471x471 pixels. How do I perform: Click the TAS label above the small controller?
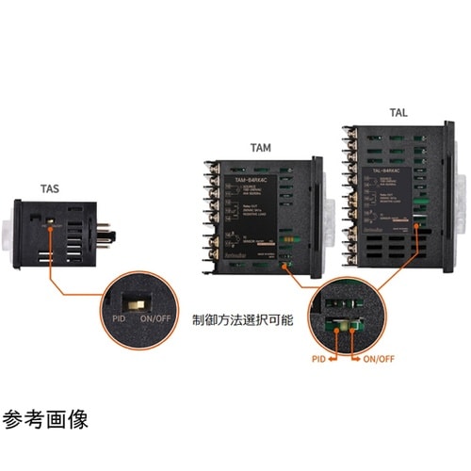point(48,189)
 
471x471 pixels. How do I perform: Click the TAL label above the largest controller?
point(399,113)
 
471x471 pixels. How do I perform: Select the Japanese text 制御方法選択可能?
point(242,320)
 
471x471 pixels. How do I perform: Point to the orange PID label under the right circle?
point(322,358)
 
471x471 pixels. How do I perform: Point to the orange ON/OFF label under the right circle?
point(376,358)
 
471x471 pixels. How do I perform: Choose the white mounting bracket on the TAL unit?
point(461,199)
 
